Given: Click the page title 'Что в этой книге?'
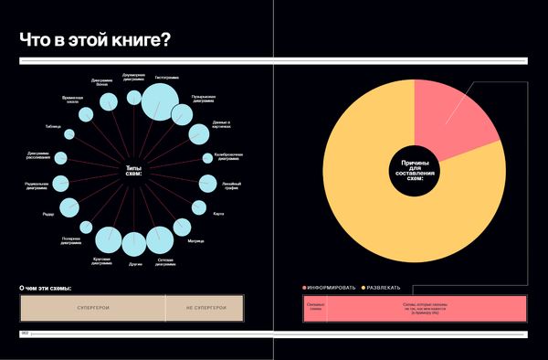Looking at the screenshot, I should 97,41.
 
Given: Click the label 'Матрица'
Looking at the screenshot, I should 195,241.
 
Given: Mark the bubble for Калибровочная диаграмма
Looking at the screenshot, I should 203,157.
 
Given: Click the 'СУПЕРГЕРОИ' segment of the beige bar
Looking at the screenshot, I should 93,309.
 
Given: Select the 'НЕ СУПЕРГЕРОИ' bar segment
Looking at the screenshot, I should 205,309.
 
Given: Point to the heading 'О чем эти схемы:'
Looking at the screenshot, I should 46,289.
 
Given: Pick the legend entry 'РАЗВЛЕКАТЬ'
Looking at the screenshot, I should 385,288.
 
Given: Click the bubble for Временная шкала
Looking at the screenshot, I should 85,114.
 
